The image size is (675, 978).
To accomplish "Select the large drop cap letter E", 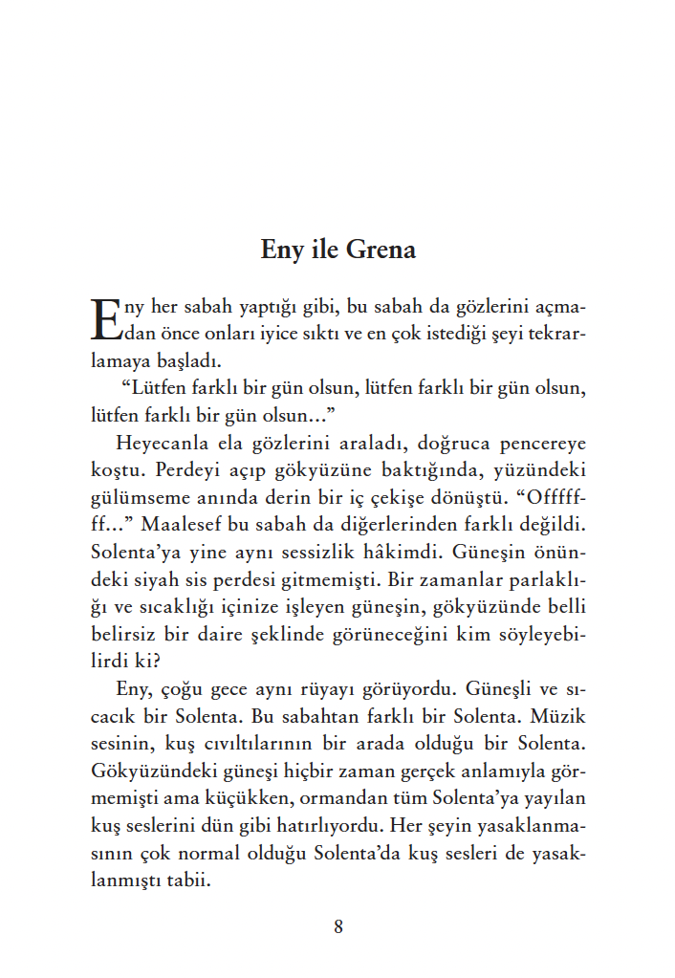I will click(x=105, y=319).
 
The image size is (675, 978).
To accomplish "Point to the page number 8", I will click(x=338, y=925).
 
